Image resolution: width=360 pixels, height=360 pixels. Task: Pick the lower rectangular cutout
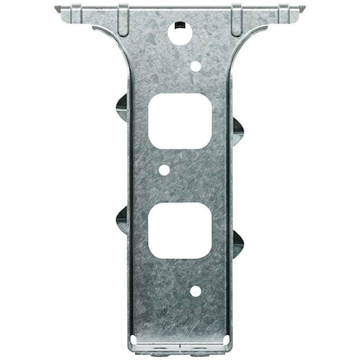[x=180, y=229]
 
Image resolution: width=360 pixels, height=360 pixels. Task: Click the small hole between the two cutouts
[x=164, y=170]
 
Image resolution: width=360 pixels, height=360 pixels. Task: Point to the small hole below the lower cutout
[x=195, y=291]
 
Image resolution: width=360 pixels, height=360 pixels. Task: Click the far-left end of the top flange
[x=58, y=10]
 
